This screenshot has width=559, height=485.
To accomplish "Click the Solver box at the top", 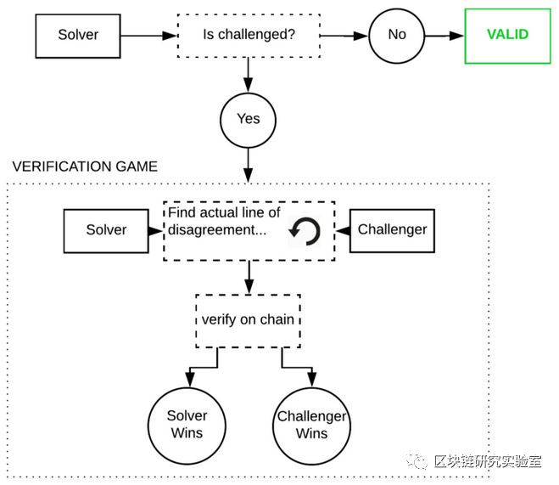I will pyautogui.click(x=78, y=36).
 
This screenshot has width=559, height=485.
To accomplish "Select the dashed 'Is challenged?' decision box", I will pyautogui.click(x=248, y=36).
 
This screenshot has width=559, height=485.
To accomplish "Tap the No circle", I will pyautogui.click(x=397, y=36).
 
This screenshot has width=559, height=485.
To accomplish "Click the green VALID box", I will pyautogui.click(x=506, y=36).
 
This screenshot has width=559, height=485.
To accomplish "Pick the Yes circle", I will pyautogui.click(x=248, y=118).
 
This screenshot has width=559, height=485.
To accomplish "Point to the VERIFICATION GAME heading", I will pyautogui.click(x=85, y=166).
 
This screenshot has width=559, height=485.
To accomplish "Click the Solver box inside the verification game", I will pyautogui.click(x=106, y=230).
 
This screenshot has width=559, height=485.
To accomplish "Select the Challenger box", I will pyautogui.click(x=392, y=230).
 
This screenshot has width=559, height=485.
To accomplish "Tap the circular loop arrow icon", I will pyautogui.click(x=305, y=231).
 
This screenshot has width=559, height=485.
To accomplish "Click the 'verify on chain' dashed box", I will pyautogui.click(x=248, y=320).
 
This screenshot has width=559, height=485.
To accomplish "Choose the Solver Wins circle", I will pyautogui.click(x=187, y=424).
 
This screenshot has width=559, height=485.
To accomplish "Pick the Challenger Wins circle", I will pyautogui.click(x=311, y=424).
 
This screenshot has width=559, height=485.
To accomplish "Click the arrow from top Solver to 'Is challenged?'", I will pyautogui.click(x=149, y=36).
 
